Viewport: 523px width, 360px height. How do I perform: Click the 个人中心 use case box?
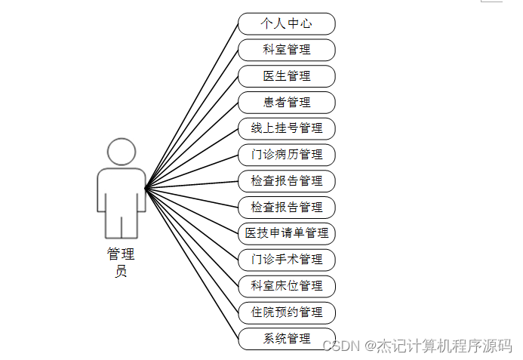click(x=286, y=23)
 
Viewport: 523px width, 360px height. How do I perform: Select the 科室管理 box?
click(x=286, y=50)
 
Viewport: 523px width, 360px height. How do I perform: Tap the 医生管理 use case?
click(x=286, y=75)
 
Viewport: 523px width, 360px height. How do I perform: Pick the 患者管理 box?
click(x=286, y=102)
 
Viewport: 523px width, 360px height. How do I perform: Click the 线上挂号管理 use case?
click(x=286, y=128)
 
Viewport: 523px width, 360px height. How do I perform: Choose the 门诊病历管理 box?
click(x=286, y=155)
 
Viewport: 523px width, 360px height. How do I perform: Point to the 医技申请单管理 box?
click(x=286, y=233)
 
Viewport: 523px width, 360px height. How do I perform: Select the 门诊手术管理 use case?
click(x=286, y=260)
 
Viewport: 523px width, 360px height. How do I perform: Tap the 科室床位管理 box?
click(x=286, y=286)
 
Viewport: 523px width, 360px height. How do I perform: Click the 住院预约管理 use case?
click(x=286, y=312)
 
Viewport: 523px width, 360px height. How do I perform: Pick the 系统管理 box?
click(x=286, y=338)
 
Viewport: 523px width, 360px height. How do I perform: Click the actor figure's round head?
click(x=121, y=152)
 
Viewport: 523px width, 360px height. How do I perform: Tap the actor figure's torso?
click(x=121, y=189)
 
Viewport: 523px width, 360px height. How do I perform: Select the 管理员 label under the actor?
click(x=121, y=263)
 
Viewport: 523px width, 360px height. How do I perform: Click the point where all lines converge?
click(x=146, y=187)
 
